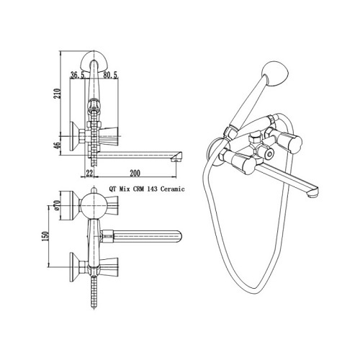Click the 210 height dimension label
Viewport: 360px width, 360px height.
pos(58,94)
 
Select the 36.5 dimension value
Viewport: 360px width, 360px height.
pos(77,76)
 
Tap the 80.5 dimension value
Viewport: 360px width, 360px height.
pos(110,76)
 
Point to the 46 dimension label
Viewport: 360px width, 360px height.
pos(58,146)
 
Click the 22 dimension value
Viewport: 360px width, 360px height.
pos(89,174)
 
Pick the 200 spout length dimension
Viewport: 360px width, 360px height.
pos(135,174)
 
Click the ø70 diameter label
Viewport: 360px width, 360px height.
pos(57,205)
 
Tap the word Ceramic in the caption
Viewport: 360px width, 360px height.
pos(173,189)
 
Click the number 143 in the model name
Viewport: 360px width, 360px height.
pos(152,189)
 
